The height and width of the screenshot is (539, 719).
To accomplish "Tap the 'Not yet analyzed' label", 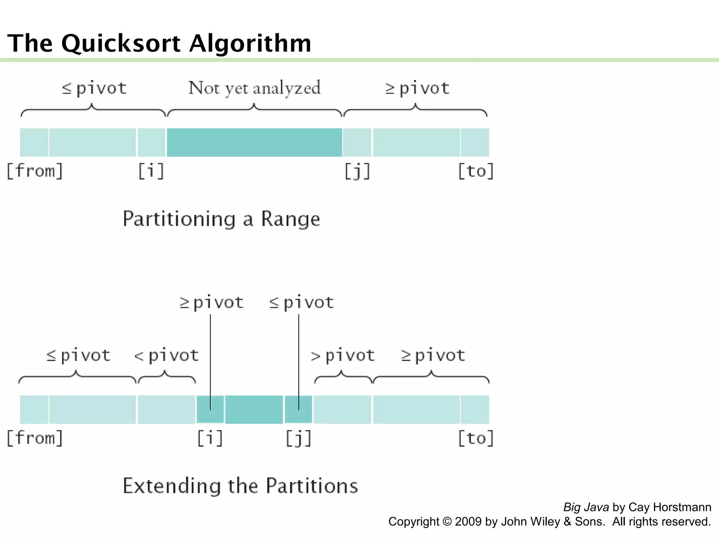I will click(x=254, y=88).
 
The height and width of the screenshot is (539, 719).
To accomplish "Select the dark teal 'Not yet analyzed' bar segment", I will click(x=254, y=142).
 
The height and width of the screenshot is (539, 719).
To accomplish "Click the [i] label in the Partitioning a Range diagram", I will click(x=151, y=171).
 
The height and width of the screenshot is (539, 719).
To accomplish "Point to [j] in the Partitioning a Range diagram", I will click(x=357, y=171).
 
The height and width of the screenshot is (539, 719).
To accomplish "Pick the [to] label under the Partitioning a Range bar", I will click(x=476, y=171).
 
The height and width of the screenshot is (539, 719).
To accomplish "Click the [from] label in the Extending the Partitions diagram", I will click(x=35, y=438).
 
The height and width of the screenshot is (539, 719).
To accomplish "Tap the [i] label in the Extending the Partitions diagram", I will click(x=210, y=438).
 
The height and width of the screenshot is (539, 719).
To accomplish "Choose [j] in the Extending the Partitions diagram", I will click(x=298, y=438).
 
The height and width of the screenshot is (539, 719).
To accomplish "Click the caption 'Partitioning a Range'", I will click(x=221, y=219).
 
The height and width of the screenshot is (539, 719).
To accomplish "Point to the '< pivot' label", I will click(x=167, y=355).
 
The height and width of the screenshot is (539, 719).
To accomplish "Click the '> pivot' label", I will click(x=343, y=355).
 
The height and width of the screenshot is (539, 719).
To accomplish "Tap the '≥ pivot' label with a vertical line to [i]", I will click(x=211, y=302).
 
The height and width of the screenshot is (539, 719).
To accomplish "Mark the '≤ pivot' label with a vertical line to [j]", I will click(x=302, y=302).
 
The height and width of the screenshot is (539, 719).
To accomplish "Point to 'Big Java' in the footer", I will click(x=586, y=507).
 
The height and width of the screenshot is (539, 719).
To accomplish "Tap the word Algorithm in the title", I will click(x=250, y=44).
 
